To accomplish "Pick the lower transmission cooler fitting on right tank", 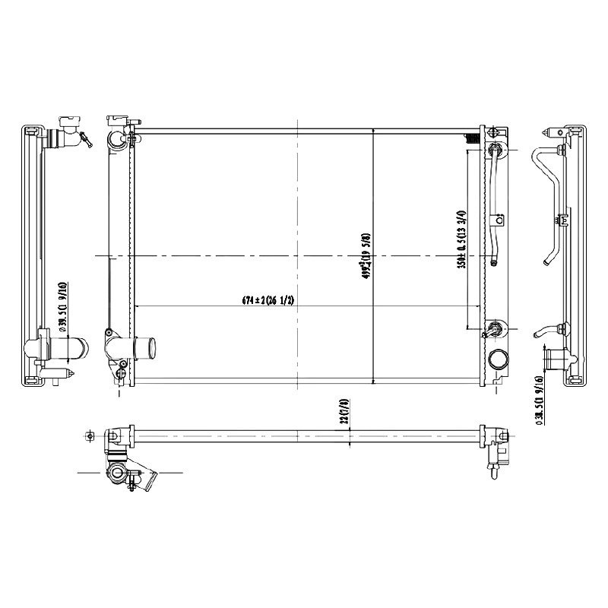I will tap(495, 329).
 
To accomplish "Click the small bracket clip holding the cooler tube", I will tap(499, 221).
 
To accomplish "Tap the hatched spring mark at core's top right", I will tap(471, 137).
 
